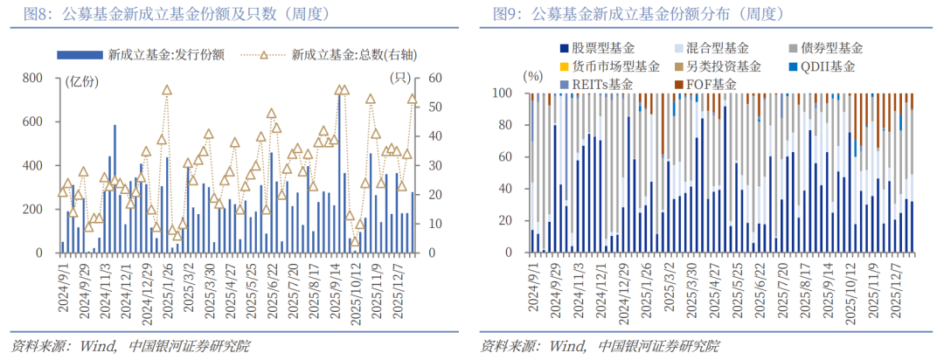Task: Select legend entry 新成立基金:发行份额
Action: [x=152, y=55]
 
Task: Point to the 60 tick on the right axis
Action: [x=422, y=79]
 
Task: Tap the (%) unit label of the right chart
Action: [x=532, y=76]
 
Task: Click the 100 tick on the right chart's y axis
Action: [x=504, y=93]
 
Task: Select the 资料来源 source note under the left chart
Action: [x=129, y=345]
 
